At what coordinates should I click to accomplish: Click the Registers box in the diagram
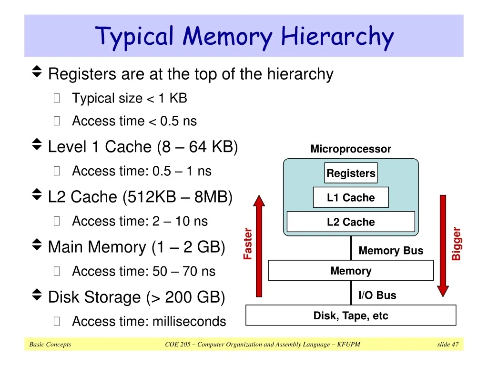point(351,173)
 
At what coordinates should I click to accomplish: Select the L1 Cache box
point(351,197)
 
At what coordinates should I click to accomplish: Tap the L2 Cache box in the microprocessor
point(351,222)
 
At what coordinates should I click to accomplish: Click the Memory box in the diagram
point(351,271)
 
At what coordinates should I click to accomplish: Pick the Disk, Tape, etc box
point(351,315)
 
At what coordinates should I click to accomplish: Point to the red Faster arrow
point(259,246)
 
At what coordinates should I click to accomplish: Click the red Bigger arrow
point(443,246)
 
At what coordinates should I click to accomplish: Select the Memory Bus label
point(391,250)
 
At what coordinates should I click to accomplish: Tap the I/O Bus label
point(377,295)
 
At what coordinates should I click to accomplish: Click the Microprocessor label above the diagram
point(351,149)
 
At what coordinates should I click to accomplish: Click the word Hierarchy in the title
point(337,37)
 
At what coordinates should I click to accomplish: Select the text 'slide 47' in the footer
point(448,344)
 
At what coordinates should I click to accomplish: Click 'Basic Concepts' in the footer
point(50,344)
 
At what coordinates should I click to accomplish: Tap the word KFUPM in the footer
point(348,344)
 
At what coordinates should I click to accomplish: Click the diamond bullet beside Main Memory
point(37,244)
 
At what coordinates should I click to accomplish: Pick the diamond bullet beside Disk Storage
point(37,295)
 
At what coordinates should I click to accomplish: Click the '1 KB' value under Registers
point(173,98)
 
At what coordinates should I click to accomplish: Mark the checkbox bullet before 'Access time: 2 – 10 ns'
point(57,221)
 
